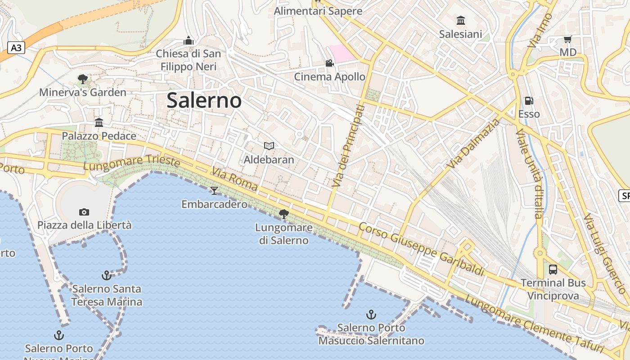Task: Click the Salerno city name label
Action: [204, 100]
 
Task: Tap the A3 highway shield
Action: [16, 48]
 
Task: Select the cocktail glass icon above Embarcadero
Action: [214, 190]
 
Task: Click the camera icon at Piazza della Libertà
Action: [84, 212]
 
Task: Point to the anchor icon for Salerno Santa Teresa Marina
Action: [107, 275]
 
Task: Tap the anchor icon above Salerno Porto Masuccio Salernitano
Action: [371, 314]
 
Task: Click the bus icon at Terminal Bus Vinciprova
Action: [553, 270]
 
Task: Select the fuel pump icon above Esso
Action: [529, 101]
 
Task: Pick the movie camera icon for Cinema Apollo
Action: [329, 63]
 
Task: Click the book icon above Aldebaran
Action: [269, 146]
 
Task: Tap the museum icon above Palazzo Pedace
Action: [99, 122]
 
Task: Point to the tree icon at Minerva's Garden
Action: [82, 79]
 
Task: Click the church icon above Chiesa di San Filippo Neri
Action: [189, 41]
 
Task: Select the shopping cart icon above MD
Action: [567, 40]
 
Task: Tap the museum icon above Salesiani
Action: [460, 21]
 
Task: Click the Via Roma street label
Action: [235, 179]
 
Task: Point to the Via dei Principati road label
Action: [348, 146]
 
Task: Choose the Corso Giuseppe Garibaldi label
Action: [421, 249]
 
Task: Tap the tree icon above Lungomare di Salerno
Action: [283, 214]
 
